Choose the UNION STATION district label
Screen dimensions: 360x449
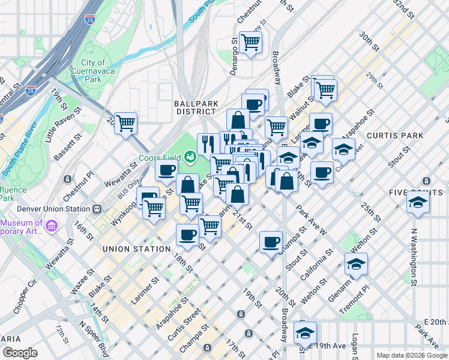click(x=136, y=248)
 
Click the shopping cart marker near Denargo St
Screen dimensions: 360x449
click(x=250, y=42)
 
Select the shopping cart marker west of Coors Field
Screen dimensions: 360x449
click(x=126, y=123)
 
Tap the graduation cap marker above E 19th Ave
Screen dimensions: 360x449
click(x=305, y=332)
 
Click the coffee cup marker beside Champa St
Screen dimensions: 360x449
click(x=271, y=241)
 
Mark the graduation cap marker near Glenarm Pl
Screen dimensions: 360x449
click(x=356, y=263)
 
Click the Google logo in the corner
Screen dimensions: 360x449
click(x=20, y=353)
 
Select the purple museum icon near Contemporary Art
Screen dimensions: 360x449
click(x=52, y=226)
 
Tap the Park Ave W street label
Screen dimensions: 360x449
click(x=311, y=220)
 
